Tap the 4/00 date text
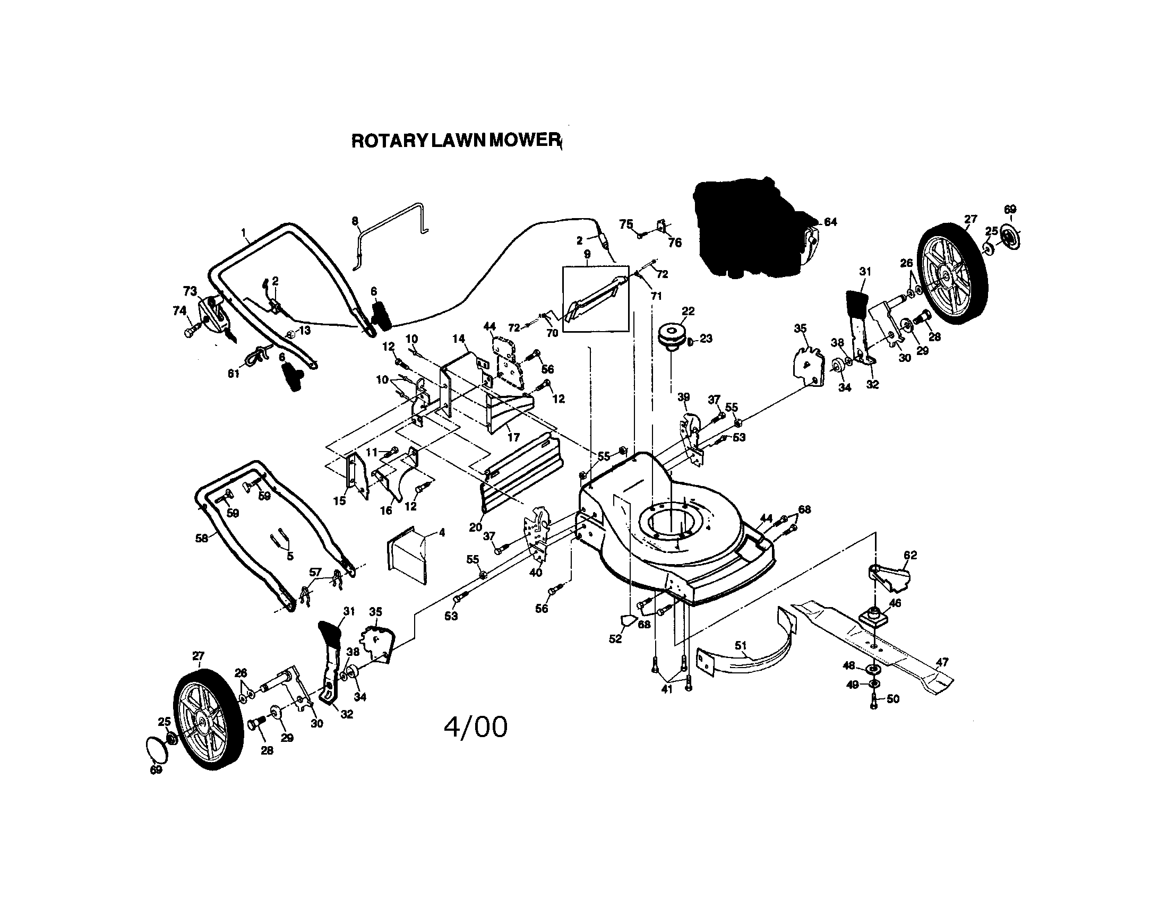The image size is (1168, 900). pyautogui.click(x=476, y=728)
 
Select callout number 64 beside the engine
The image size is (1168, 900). pyautogui.click(x=830, y=222)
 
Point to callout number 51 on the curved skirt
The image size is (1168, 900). pyautogui.click(x=740, y=646)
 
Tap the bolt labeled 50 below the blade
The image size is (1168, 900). pyautogui.click(x=874, y=700)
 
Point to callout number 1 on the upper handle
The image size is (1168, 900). pyautogui.click(x=244, y=232)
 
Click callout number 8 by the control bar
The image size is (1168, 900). pyautogui.click(x=355, y=221)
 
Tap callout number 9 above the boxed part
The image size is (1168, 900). pyautogui.click(x=587, y=254)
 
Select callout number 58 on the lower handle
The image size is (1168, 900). pyautogui.click(x=201, y=538)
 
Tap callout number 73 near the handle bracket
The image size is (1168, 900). pyautogui.click(x=190, y=291)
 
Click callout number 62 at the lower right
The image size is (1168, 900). pyautogui.click(x=909, y=555)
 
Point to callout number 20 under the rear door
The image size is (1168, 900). pyautogui.click(x=476, y=527)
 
